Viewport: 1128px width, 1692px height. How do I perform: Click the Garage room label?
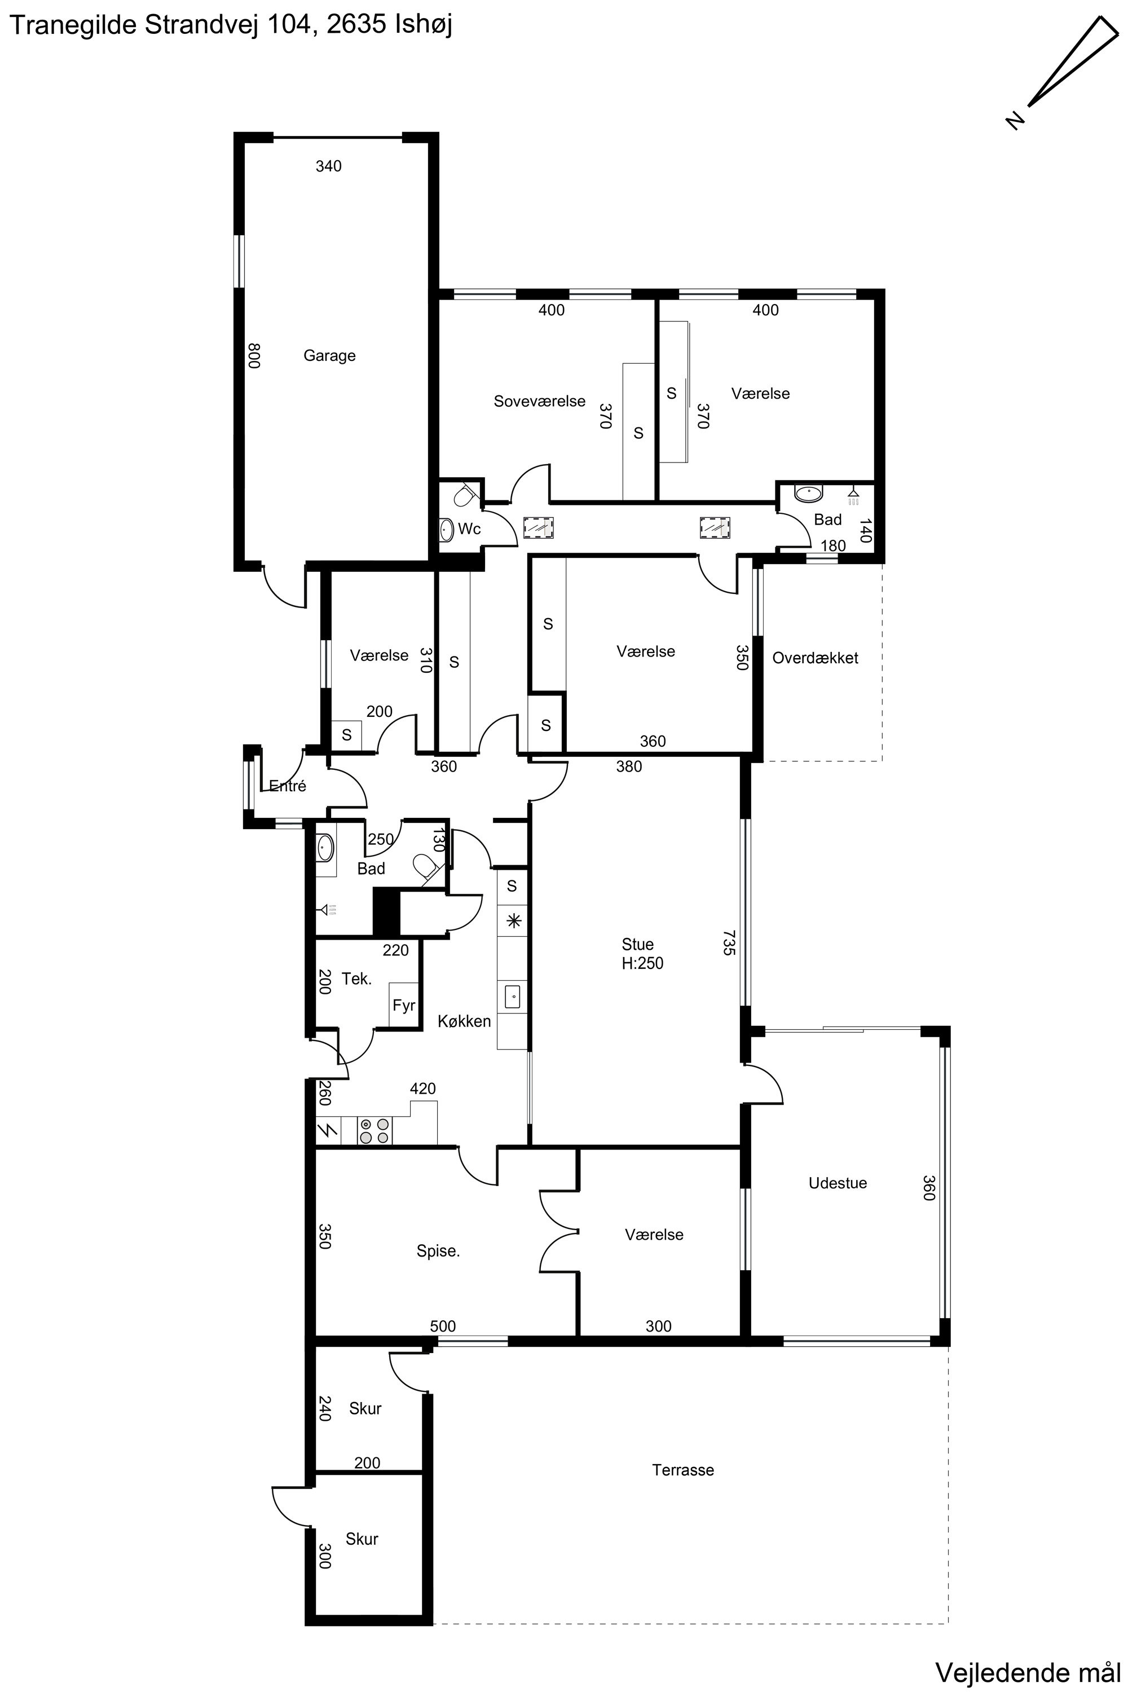tap(329, 355)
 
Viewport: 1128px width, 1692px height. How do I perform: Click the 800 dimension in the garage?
tap(253, 356)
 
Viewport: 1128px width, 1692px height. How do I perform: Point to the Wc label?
tap(469, 529)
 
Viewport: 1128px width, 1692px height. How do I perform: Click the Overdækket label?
tap(815, 658)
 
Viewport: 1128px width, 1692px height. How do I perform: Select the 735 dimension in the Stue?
tap(729, 943)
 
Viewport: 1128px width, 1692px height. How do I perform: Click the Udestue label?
tap(838, 1183)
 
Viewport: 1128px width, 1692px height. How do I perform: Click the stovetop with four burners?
tap(376, 1130)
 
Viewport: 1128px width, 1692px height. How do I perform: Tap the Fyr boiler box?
tap(404, 1005)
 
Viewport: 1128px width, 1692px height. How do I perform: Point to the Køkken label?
tap(465, 1021)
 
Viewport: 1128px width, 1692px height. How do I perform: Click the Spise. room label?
tap(438, 1251)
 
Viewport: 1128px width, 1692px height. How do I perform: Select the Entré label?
tap(287, 786)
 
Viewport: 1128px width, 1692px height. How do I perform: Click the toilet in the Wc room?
tap(464, 496)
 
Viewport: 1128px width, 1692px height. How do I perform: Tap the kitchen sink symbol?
tap(512, 997)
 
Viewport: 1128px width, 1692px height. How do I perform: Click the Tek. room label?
tap(357, 979)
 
